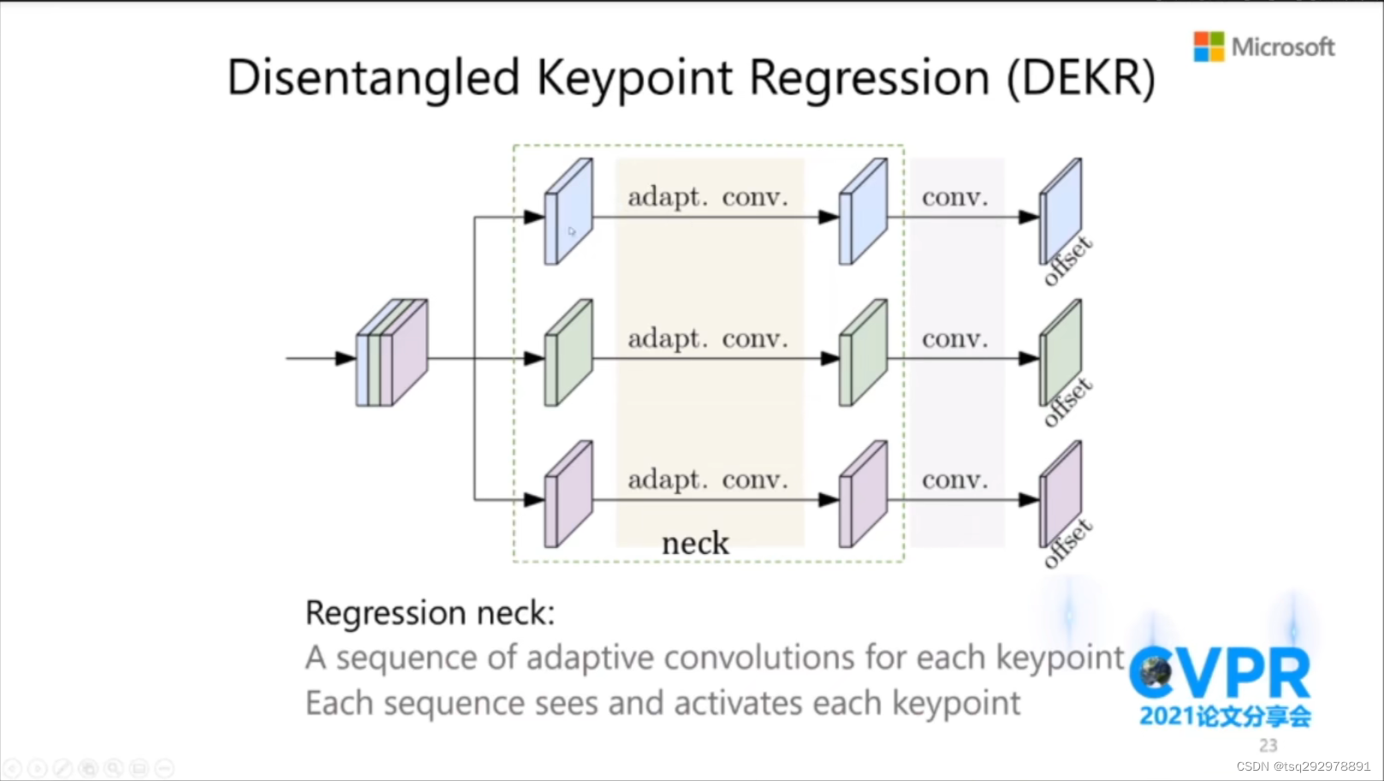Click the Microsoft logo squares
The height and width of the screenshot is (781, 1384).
coord(1209,46)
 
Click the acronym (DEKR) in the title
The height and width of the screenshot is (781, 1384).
coord(1081,78)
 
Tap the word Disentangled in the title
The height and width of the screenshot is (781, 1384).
coord(373,78)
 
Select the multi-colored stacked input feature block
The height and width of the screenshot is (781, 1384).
coord(392,352)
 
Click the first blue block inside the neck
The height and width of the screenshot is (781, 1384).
coord(568,212)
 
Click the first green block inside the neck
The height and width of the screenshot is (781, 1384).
coord(568,353)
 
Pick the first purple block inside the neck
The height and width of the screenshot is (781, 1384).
coord(568,494)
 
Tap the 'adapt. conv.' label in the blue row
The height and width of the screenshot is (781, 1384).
coord(708,197)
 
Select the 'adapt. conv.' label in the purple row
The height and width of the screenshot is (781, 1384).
coord(708,480)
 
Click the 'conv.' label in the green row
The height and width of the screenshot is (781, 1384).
coord(954,339)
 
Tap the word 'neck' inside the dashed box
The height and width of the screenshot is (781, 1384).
coord(695,543)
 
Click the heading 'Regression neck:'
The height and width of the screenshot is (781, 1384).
coord(430,613)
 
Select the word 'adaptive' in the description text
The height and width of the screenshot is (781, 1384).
coord(591,658)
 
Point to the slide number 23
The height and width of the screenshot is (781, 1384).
coord(1268,745)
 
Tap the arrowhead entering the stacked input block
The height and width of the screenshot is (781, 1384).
coord(345,358)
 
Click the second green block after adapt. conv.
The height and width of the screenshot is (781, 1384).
coord(863,353)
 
